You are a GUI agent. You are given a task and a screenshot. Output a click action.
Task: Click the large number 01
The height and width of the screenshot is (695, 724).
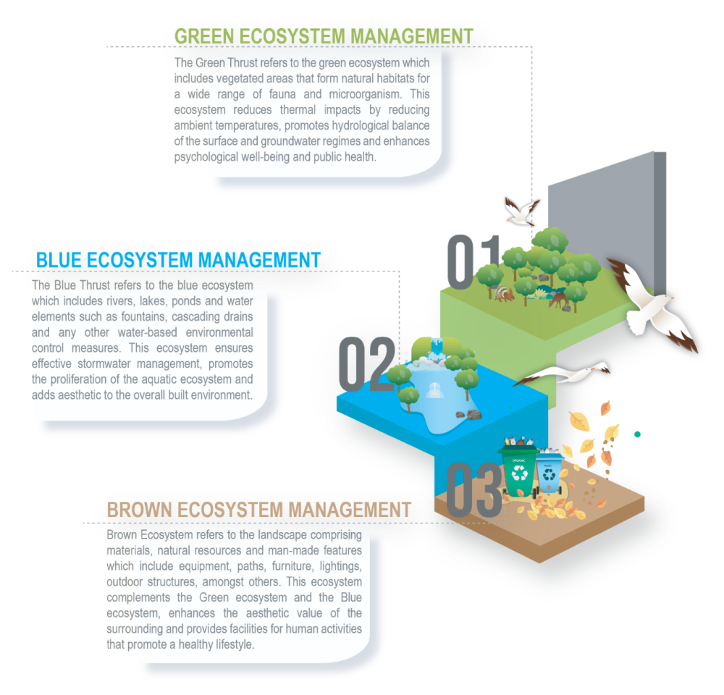[x=472, y=261]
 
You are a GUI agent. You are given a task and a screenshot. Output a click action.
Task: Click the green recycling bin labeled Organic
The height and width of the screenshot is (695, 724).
[x=519, y=471]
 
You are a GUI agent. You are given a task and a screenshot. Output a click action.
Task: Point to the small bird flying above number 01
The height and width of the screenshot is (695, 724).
[x=520, y=211]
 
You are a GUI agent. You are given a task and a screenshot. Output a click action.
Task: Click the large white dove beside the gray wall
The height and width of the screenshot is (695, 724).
[x=652, y=305]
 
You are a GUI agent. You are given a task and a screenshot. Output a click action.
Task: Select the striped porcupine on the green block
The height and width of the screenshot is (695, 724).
[x=502, y=293]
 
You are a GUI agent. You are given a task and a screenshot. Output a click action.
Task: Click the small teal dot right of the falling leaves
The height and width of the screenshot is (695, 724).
[x=637, y=434]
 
